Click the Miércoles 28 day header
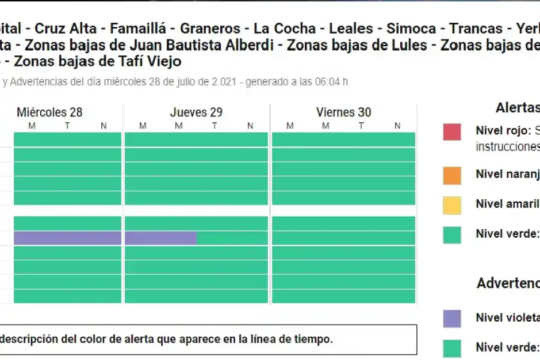point(50,112)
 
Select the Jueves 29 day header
point(196,112)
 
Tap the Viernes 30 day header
point(344,112)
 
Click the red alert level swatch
point(452,131)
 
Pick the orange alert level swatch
point(452,175)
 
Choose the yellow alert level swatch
point(452,205)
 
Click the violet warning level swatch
point(452,318)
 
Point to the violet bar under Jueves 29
point(161,238)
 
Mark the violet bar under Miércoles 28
point(67,238)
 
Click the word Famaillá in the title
point(133,28)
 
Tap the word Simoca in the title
point(411,28)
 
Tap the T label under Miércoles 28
point(67,125)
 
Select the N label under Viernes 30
point(397,125)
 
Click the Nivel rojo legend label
point(503,130)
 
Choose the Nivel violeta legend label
point(507,317)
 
